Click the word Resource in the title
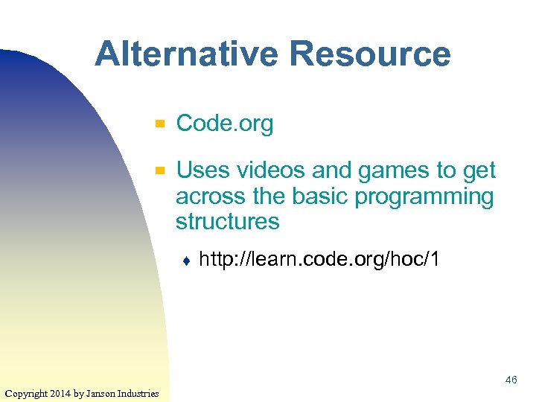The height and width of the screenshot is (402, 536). (x=370, y=54)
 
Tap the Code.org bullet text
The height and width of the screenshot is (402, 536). (x=225, y=124)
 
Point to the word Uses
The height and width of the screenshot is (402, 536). (x=202, y=170)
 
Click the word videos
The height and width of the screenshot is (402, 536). (x=271, y=170)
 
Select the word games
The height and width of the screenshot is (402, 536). (x=394, y=170)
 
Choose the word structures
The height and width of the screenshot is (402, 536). (x=228, y=222)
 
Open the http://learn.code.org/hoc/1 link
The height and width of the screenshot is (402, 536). (x=320, y=260)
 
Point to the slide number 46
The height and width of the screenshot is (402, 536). (x=511, y=380)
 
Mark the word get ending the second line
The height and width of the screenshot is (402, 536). (x=479, y=170)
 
